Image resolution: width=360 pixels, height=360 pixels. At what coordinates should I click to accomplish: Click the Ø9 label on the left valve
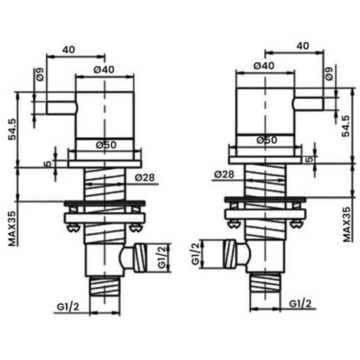click(x=40, y=74)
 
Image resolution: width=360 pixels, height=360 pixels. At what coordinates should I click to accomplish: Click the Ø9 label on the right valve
click(x=329, y=74)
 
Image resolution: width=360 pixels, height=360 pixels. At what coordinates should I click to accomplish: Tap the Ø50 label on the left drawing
click(x=106, y=145)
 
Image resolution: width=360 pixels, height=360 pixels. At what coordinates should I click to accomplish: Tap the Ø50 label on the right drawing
click(x=267, y=140)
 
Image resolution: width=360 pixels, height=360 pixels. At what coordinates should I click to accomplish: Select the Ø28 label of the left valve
click(x=145, y=178)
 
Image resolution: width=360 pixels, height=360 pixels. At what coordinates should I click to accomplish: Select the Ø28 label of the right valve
click(x=224, y=175)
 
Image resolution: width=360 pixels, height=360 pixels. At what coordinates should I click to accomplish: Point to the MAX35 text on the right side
click(x=347, y=224)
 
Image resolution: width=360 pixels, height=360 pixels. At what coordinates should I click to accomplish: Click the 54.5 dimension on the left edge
click(x=12, y=129)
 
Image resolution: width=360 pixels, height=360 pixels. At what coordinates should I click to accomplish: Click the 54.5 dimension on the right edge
click(x=346, y=126)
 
